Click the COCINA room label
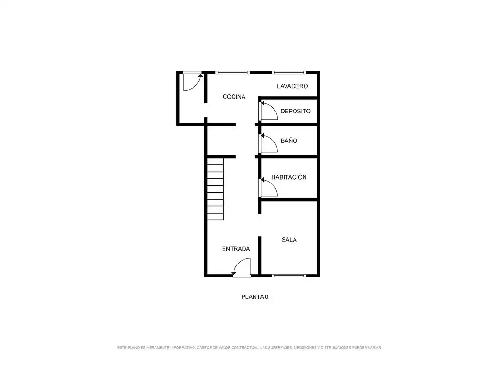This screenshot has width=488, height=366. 234,97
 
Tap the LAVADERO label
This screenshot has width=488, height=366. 293,86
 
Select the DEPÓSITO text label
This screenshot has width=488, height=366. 295,111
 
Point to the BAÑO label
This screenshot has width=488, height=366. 289,141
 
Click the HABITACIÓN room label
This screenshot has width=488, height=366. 289,177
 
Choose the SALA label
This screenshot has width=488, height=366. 289,240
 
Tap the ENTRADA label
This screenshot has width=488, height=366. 236,249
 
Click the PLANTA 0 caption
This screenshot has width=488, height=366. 254,297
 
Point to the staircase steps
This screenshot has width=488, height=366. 215,189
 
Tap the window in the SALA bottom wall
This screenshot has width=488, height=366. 289,275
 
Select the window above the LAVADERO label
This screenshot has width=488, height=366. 289,73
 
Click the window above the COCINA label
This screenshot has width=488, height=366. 233,73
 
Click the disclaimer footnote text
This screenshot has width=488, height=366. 249,347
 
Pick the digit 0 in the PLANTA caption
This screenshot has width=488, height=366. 266,297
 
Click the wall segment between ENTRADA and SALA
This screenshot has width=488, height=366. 260,256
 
